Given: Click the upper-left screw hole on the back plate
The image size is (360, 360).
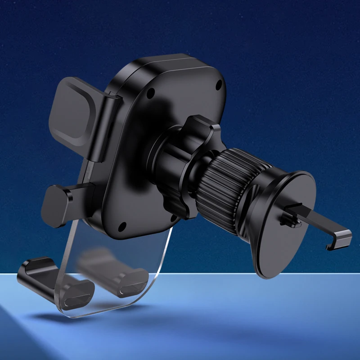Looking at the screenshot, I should tap(151, 94).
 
